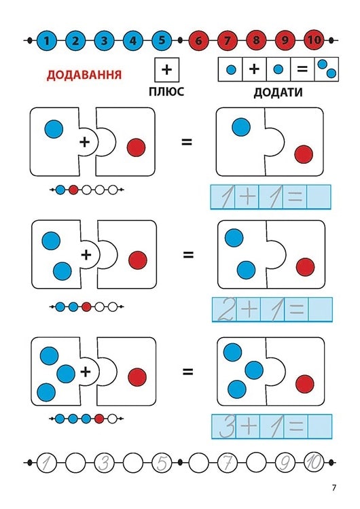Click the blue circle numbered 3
click(x=104, y=41)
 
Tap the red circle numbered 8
click(x=256, y=41)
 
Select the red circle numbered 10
click(x=314, y=41)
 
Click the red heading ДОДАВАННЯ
click(x=84, y=75)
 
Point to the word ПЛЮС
click(x=166, y=92)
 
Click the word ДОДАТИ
click(x=278, y=92)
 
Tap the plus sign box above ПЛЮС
click(x=166, y=69)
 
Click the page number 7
click(x=334, y=487)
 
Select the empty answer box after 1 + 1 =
click(x=319, y=196)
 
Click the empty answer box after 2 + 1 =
click(x=320, y=309)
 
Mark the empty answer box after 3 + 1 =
click(x=320, y=426)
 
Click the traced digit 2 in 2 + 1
click(x=226, y=309)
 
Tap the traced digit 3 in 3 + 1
click(x=227, y=426)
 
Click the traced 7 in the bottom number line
click(x=228, y=462)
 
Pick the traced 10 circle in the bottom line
click(x=314, y=462)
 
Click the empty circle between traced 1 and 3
click(x=75, y=462)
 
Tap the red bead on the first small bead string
click(x=73, y=190)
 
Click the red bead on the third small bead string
click(x=99, y=419)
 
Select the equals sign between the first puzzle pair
click(x=187, y=142)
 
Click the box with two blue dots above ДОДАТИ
click(x=327, y=69)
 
